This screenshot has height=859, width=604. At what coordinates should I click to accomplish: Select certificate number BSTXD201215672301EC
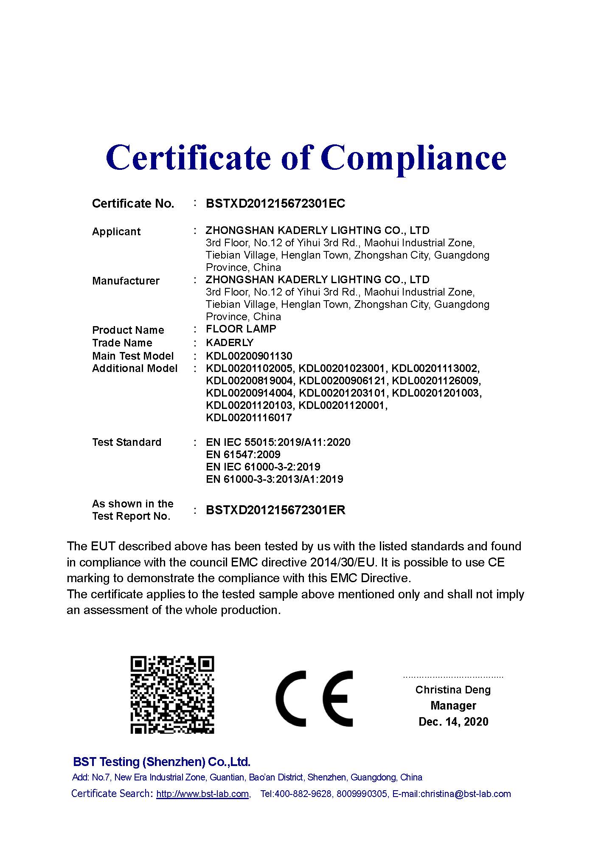tap(275, 204)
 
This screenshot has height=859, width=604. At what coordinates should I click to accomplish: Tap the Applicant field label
tap(116, 232)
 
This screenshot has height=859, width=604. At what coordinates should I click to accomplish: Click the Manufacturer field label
tap(126, 281)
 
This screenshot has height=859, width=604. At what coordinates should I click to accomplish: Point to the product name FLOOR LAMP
tap(241, 329)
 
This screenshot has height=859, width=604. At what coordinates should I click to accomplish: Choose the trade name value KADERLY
tap(230, 343)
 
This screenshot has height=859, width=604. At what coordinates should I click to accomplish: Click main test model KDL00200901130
tap(249, 356)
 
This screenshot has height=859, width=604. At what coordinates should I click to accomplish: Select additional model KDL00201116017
tap(249, 418)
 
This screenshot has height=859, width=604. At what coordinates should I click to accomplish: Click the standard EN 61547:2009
tap(243, 455)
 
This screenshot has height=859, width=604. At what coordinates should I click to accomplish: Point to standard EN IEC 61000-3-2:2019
tap(263, 467)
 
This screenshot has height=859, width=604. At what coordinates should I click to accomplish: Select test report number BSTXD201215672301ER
tap(275, 510)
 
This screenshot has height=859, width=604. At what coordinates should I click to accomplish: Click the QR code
tap(172, 695)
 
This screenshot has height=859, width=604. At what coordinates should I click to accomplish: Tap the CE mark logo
tap(314, 698)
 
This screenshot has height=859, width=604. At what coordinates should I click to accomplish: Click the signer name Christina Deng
tap(453, 690)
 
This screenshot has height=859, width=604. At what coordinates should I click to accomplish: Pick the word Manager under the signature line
tap(453, 706)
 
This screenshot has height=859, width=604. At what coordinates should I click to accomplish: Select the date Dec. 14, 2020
tap(453, 722)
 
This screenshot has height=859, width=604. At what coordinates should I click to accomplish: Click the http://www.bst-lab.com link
tap(202, 794)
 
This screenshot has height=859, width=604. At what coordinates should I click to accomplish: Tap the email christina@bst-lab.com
tap(465, 794)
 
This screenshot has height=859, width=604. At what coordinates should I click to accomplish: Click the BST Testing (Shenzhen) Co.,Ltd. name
tap(162, 762)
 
